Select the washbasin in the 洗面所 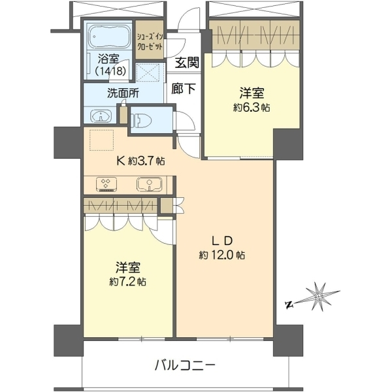point(101,116)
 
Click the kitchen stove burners point(106,184)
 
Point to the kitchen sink point(149,184)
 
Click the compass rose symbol point(319,297)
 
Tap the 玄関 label point(186,62)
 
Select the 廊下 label point(183,88)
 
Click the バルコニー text point(185,366)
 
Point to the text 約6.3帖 point(252,108)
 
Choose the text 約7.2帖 point(128,282)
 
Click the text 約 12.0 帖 point(221,255)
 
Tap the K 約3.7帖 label point(140,161)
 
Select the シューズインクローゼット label point(150,42)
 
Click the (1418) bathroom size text point(110,71)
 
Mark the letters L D point(222,240)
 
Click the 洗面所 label point(123,93)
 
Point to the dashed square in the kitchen point(102,140)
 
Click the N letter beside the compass point(289,305)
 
